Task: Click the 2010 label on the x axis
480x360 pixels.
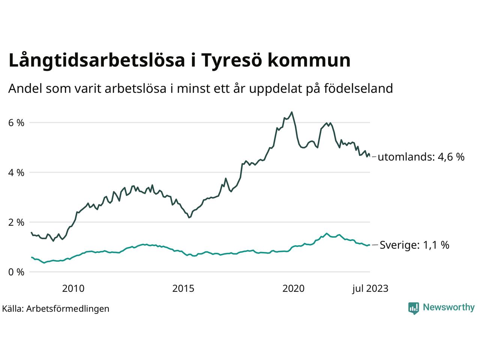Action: pyautogui.click(x=73, y=288)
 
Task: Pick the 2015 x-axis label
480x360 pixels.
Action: pyautogui.click(x=183, y=288)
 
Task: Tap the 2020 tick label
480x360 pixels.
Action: pyautogui.click(x=294, y=288)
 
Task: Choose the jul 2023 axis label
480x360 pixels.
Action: pyautogui.click(x=370, y=288)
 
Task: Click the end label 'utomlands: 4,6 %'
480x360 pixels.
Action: pyautogui.click(x=421, y=157)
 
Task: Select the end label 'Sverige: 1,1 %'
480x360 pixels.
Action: pyautogui.click(x=414, y=245)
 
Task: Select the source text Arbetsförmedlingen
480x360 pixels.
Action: pyautogui.click(x=68, y=309)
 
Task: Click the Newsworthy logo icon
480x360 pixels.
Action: pyautogui.click(x=413, y=308)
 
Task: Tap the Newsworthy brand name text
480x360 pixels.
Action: pyautogui.click(x=448, y=307)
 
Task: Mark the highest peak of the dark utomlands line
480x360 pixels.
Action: pyautogui.click(x=292, y=112)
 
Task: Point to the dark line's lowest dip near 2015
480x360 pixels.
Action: pyautogui.click(x=189, y=217)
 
